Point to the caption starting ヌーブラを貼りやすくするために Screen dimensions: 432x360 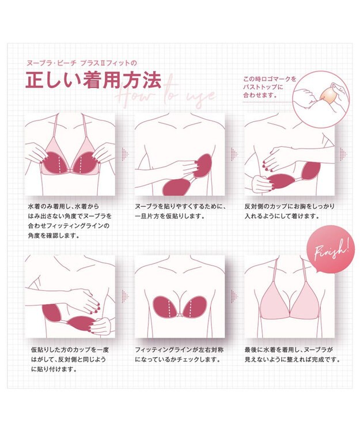(179, 212)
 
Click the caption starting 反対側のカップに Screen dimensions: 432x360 (291, 212)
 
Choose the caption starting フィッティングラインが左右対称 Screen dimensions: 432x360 (179, 355)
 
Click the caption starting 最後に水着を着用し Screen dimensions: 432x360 (291, 355)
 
